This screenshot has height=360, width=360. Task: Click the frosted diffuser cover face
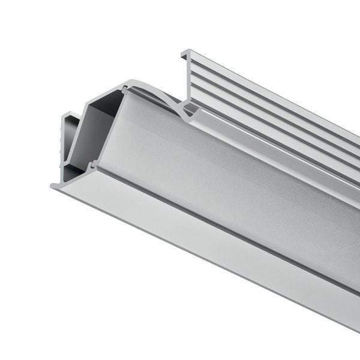pos(228,180)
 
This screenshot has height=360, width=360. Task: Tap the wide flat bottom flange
pos(198,240)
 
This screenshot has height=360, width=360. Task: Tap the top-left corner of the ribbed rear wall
pos(183,51)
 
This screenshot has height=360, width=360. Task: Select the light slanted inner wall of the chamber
pos(81,138)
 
